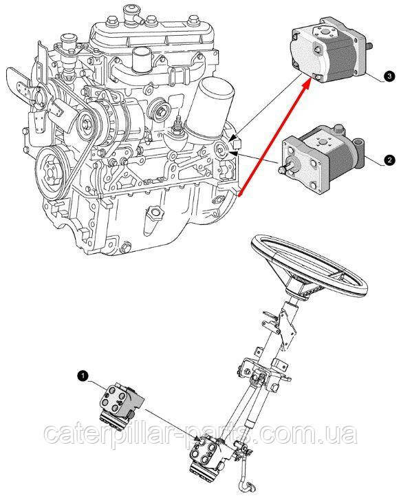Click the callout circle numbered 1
[x=83, y=376]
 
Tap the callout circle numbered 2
[x=389, y=160]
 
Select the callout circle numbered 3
[x=389, y=76]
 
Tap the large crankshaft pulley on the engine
[x=52, y=174]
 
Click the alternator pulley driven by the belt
[x=86, y=121]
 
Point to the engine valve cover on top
[x=154, y=32]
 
